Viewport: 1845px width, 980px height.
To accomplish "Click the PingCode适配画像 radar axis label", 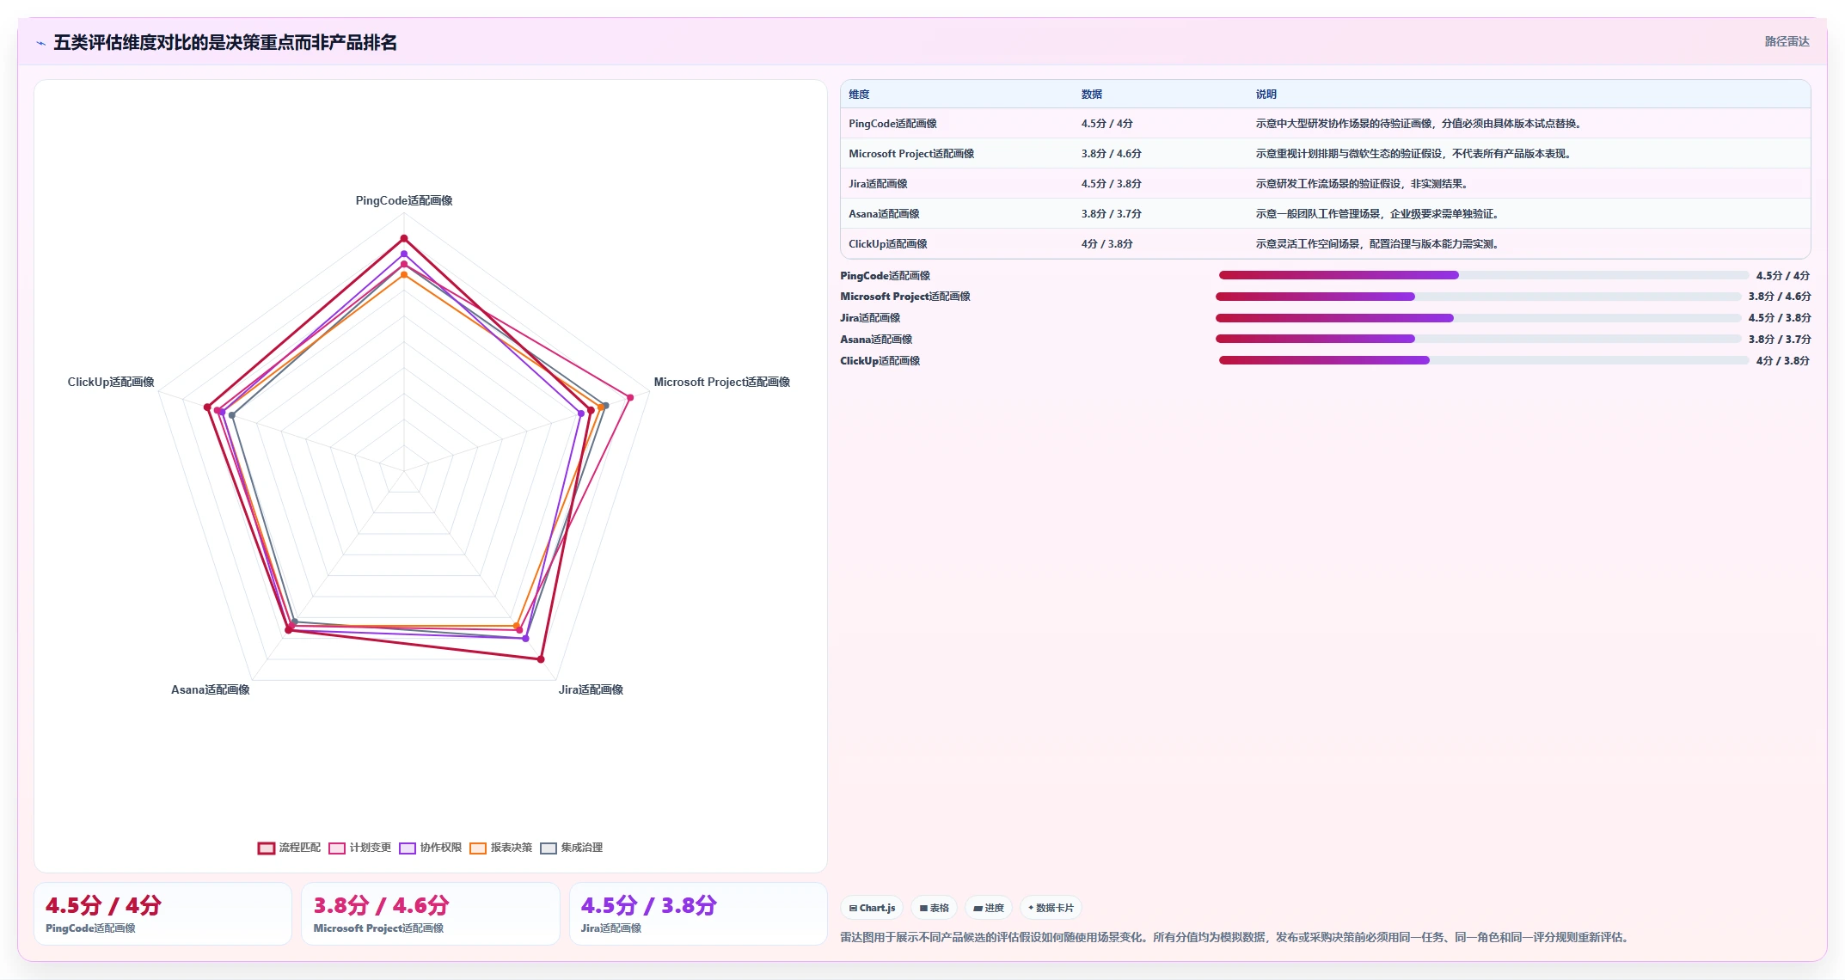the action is click(x=404, y=200).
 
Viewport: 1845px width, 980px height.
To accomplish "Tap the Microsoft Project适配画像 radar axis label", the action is click(x=721, y=382).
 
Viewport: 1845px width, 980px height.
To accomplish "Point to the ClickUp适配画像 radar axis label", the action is click(x=111, y=382).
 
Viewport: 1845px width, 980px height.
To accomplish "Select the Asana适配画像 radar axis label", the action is click(x=211, y=689).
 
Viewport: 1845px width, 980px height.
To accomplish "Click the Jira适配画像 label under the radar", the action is click(x=591, y=689).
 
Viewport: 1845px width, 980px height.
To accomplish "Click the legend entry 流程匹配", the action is click(x=290, y=848).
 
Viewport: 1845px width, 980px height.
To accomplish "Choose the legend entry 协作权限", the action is click(x=431, y=848).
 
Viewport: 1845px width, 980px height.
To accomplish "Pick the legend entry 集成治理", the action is click(x=572, y=848).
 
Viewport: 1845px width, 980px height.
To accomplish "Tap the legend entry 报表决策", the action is click(x=501, y=848).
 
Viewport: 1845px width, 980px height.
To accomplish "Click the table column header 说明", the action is click(x=1266, y=95).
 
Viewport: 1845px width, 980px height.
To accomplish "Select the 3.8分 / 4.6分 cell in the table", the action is click(x=1111, y=154).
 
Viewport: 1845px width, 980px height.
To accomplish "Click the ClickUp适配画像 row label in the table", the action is click(x=887, y=244).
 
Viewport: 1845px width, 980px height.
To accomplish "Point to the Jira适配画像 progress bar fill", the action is click(x=1334, y=318).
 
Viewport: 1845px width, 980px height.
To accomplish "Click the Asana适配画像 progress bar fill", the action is click(x=1315, y=339).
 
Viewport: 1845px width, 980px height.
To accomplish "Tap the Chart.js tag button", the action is click(x=872, y=908).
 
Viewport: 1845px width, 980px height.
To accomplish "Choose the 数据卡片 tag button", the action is click(x=1051, y=908).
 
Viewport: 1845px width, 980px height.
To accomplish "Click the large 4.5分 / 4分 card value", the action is click(x=103, y=905).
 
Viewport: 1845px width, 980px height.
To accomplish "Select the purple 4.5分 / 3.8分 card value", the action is click(x=648, y=905).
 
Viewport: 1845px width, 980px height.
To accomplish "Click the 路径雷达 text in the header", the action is click(x=1787, y=41).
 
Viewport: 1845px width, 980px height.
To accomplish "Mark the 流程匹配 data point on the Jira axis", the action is click(x=541, y=659).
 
